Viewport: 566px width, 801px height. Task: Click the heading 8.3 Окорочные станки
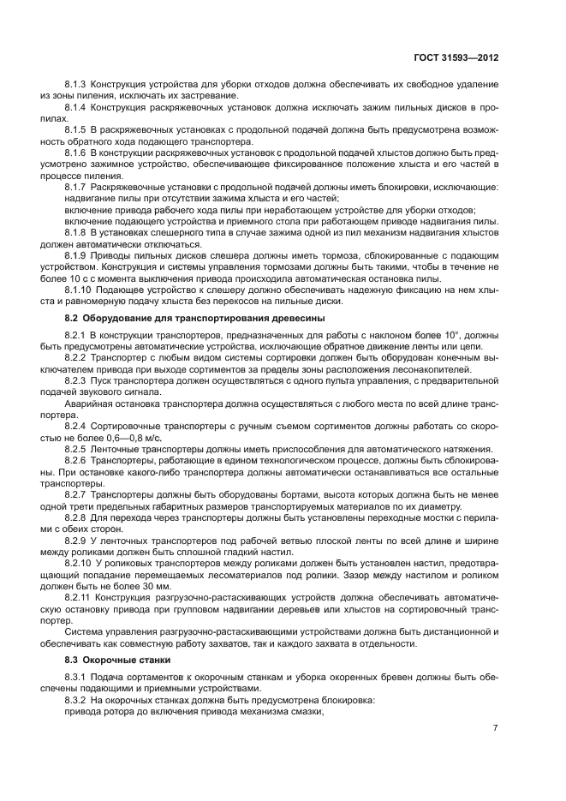pos(106,661)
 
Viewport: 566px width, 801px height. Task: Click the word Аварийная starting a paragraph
pos(88,403)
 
